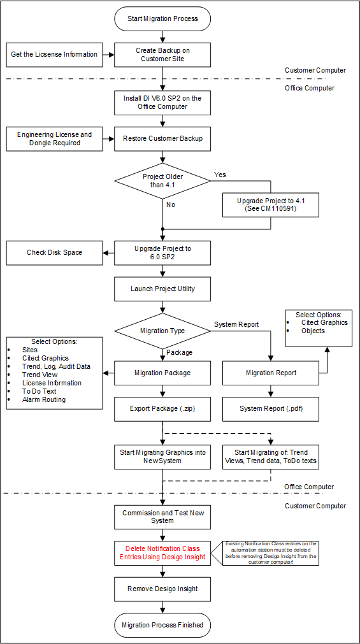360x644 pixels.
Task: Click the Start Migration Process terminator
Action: click(x=162, y=18)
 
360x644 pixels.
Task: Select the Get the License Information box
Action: click(x=54, y=55)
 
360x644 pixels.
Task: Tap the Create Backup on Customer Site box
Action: click(x=162, y=55)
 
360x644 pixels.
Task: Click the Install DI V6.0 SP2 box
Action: click(x=162, y=103)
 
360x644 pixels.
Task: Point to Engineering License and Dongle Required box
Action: click(x=54, y=139)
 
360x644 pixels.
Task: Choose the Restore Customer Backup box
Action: click(x=162, y=139)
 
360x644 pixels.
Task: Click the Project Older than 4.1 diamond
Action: click(x=162, y=181)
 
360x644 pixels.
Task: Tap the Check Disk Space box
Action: click(x=54, y=252)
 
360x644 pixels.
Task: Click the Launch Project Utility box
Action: click(x=162, y=289)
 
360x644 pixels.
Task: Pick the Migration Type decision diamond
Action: click(x=162, y=331)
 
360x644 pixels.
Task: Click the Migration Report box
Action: click(x=271, y=373)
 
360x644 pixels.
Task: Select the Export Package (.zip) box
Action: click(x=162, y=408)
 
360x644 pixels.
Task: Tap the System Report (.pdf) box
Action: click(x=271, y=408)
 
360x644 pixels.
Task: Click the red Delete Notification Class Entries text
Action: click(x=162, y=552)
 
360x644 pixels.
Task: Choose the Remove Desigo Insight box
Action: click(x=162, y=589)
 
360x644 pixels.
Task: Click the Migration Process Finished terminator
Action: click(x=162, y=625)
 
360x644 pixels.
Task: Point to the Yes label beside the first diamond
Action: click(x=220, y=175)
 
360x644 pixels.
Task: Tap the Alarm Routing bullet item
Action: click(x=44, y=399)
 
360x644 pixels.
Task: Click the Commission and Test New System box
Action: click(x=162, y=516)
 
